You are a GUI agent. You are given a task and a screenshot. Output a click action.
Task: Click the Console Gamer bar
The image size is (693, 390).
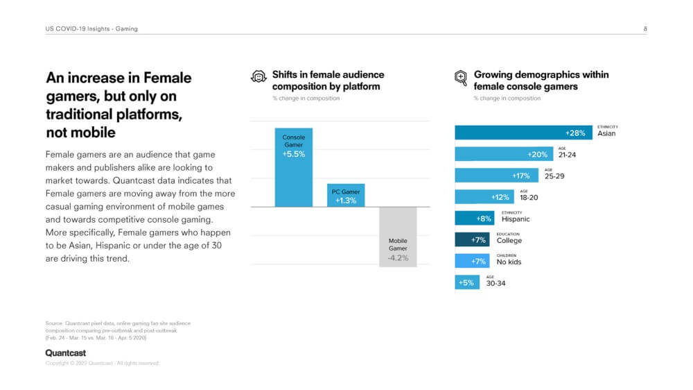(293, 167)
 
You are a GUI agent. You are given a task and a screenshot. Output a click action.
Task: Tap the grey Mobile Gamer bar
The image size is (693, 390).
(398, 237)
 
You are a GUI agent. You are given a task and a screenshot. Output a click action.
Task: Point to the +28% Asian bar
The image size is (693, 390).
(523, 133)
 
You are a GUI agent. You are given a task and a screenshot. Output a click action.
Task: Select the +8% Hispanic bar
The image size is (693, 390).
(475, 219)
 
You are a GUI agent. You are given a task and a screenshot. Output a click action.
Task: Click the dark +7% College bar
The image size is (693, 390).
(472, 240)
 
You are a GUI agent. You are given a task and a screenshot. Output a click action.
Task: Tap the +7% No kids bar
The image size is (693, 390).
(472, 262)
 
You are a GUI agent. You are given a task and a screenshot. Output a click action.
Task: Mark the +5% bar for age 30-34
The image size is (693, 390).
(466, 282)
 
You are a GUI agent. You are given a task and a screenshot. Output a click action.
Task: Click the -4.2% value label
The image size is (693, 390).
(398, 257)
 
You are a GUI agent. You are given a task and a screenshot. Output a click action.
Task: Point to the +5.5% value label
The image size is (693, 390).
(293, 154)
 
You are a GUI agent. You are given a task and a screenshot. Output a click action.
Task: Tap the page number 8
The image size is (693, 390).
(645, 28)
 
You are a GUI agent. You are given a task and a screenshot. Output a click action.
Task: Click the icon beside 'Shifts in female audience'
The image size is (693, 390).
(258, 78)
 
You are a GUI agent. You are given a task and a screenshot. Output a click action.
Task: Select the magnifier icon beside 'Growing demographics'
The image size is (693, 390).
(460, 78)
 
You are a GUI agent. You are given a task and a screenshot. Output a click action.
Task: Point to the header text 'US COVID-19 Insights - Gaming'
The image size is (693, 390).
(91, 28)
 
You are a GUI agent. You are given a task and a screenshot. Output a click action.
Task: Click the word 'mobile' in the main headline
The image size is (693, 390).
(93, 132)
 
